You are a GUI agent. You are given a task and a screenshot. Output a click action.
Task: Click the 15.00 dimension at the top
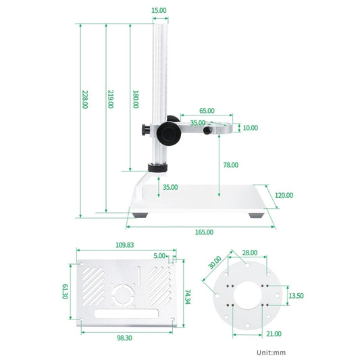pos(159,11)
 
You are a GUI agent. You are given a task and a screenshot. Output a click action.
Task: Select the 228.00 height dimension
pos(84,100)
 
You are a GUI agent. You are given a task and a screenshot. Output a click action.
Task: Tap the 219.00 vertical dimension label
pos(110,100)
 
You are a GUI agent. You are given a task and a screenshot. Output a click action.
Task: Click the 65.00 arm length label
pos(207,111)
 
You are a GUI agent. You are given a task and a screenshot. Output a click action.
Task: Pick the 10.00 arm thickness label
pos(251,128)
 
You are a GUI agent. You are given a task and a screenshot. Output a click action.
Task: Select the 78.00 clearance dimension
pos(230,164)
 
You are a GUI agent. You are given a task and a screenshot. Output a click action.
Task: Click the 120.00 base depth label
pos(284,195)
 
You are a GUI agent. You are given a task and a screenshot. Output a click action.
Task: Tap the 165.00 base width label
pos(204,232)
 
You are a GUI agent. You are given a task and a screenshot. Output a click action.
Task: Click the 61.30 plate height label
pos(65,291)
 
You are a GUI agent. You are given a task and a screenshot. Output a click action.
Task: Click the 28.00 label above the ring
pos(249,251)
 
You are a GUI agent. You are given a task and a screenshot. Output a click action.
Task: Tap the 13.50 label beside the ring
pos(296,295)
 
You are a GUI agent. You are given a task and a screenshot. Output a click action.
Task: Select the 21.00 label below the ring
pos(274,334)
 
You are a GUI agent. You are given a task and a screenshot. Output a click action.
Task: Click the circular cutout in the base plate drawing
pos(123,294)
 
